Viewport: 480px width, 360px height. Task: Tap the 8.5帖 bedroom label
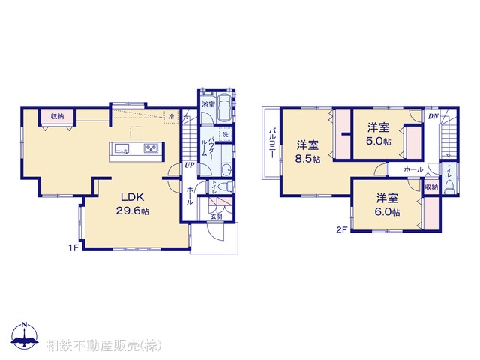[307, 151]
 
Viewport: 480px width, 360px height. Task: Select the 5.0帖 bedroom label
[379, 134]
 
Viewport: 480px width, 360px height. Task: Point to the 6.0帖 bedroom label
[387, 205]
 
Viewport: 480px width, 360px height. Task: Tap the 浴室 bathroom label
[206, 105]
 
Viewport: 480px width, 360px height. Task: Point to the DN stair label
[433, 116]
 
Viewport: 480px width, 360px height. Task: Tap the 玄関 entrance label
[215, 217]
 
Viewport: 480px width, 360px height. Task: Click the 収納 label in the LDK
[58, 116]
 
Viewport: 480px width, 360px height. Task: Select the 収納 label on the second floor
[430, 187]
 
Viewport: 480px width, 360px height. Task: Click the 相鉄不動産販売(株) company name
[103, 345]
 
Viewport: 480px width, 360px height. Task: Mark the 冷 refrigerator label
[172, 116]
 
